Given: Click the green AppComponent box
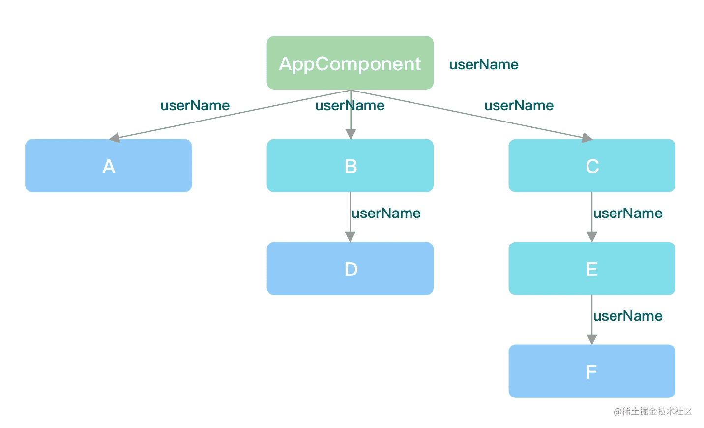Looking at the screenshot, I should [x=350, y=63].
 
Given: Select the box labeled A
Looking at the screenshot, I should [x=108, y=166].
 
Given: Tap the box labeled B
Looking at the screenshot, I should [x=350, y=166].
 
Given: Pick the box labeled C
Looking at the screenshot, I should [x=591, y=166].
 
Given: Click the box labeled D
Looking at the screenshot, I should [x=350, y=269].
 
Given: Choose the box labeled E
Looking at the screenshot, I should [x=591, y=269].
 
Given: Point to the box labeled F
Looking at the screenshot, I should [x=591, y=371].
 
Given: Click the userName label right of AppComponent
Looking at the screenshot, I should [x=484, y=64].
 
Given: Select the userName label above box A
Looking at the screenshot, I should [x=195, y=105].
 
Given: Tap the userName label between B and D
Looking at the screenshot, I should [x=386, y=213].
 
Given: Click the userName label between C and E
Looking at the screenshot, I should [x=628, y=213].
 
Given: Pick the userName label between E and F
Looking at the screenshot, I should [x=628, y=316].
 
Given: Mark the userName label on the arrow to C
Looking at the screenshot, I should [x=519, y=105].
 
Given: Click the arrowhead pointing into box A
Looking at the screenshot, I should [x=115, y=138].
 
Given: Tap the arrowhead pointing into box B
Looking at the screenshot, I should [x=351, y=134].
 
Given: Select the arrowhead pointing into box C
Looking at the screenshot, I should [x=587, y=138].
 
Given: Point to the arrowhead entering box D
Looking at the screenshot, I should [x=350, y=237].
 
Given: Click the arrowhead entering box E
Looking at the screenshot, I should [x=592, y=237].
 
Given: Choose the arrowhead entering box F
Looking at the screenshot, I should [x=592, y=339].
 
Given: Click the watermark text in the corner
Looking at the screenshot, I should [x=653, y=411].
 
